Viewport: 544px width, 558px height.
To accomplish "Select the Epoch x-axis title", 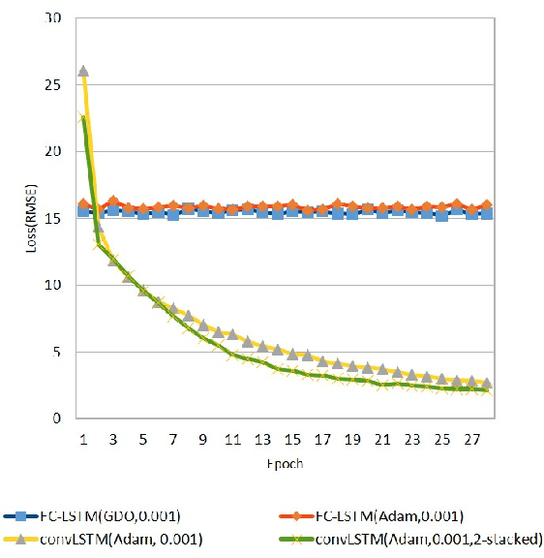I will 286,463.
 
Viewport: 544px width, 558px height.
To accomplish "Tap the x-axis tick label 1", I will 83,439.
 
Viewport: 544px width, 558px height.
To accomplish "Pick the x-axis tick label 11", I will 232,439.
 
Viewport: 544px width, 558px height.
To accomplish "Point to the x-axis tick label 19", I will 352,439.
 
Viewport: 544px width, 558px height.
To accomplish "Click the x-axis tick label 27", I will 471,439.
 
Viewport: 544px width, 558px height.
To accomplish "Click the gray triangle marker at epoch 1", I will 83,71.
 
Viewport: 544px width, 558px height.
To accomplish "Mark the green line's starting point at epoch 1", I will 83,117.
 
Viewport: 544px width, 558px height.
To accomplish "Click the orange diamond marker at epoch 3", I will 113,201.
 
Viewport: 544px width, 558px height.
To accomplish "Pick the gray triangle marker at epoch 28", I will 487,384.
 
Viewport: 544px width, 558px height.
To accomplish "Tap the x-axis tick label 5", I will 143,439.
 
